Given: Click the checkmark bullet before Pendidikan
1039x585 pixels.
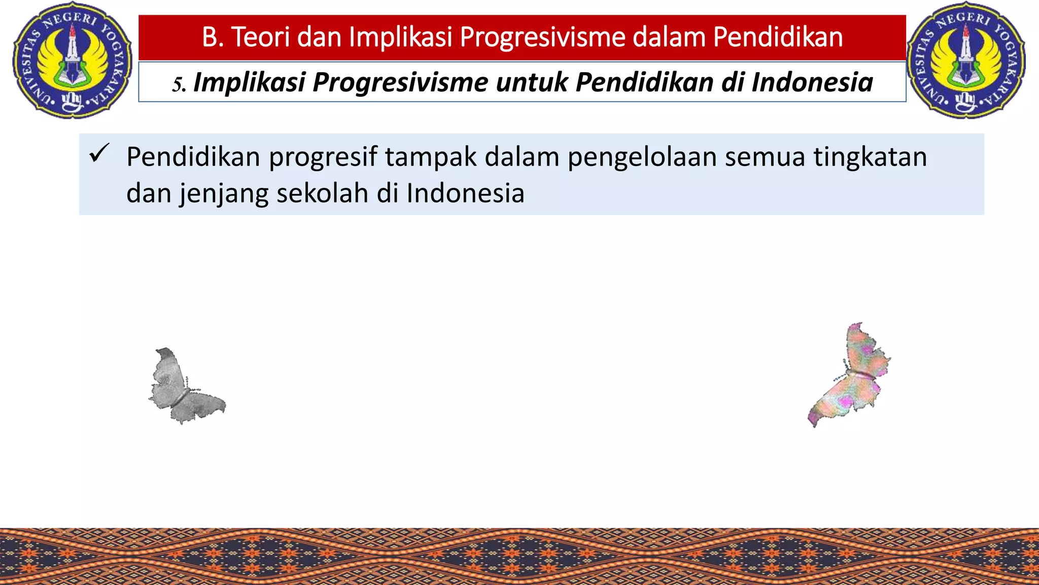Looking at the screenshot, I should [98, 153].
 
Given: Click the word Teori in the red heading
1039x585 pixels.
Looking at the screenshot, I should [260, 37].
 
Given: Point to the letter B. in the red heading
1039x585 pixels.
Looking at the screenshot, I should [213, 37].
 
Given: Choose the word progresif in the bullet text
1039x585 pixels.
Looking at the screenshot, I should [323, 157].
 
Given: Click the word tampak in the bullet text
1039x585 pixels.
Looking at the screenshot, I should [431, 157].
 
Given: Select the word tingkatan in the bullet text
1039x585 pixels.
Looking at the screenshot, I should [871, 157].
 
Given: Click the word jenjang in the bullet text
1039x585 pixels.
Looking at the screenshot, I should [224, 194].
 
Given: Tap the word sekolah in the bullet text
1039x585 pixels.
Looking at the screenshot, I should [322, 193].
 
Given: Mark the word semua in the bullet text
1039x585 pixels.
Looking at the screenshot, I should [765, 157].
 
